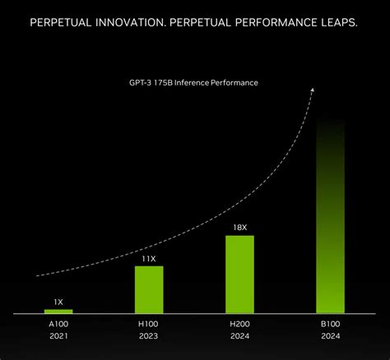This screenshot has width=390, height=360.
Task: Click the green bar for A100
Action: click(58, 312)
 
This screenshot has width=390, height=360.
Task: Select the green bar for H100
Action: click(149, 289)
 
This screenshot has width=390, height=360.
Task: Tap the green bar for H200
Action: click(239, 275)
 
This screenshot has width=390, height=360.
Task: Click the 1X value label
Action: click(58, 301)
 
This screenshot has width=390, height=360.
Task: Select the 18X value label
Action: click(239, 227)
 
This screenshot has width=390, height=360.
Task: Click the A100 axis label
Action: click(58, 325)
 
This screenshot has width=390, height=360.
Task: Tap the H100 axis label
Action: click(149, 325)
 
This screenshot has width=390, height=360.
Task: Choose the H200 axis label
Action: click(239, 325)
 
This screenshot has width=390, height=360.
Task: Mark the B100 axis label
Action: click(330, 325)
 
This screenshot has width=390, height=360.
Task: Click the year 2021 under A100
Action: click(58, 337)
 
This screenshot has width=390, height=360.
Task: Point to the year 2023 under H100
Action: click(149, 337)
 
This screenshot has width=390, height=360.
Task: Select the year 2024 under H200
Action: click(239, 337)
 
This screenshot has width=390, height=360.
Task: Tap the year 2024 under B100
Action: click(330, 337)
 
